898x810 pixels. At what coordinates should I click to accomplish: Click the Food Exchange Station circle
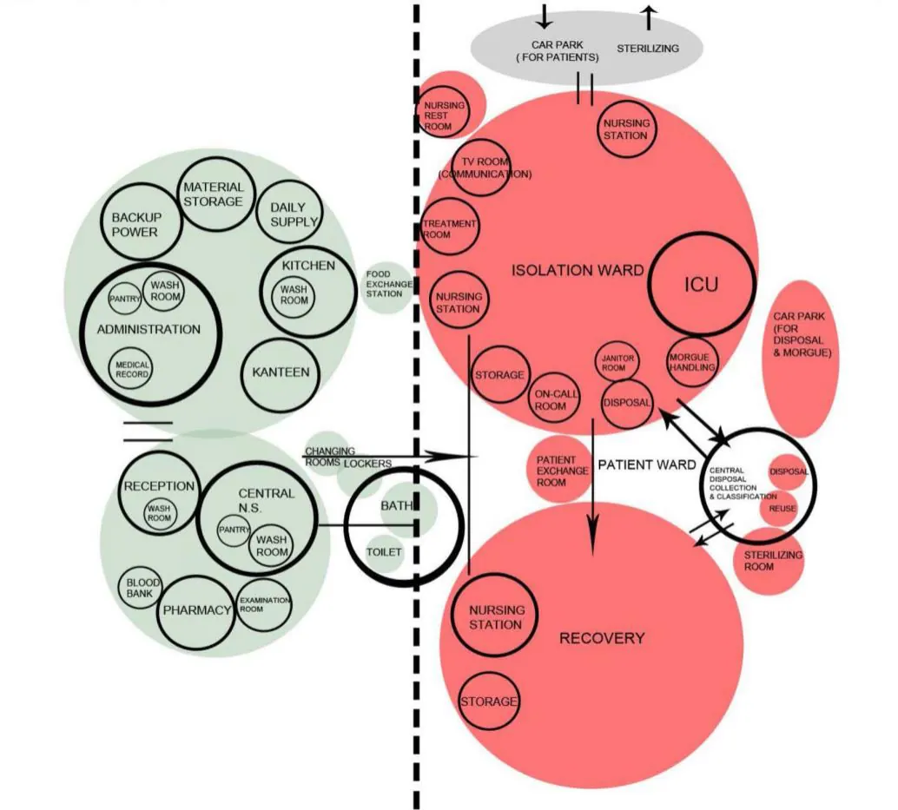(x=387, y=288)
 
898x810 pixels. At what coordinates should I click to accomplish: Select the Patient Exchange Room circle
(x=559, y=470)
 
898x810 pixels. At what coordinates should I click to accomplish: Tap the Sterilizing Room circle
(x=769, y=562)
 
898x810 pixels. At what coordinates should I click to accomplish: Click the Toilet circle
(x=384, y=553)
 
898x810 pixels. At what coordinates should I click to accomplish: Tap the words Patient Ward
(x=647, y=464)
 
